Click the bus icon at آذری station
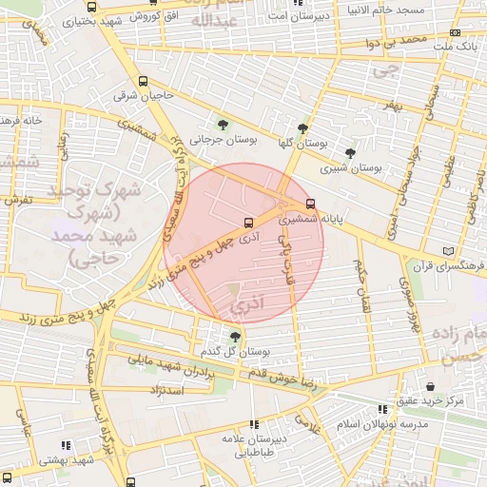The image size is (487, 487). pos(248,224)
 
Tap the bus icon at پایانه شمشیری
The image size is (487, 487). pos(311,205)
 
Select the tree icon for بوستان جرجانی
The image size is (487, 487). pos(224,125)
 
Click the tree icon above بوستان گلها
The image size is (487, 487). pos(303,128)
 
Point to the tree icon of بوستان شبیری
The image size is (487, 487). pos(350,152)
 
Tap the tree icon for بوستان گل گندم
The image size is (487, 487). pos(235,337)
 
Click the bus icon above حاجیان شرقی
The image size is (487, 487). pos(143,82)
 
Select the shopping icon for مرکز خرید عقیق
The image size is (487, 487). pos(434,387)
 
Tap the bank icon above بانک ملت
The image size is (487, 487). pos(455,32)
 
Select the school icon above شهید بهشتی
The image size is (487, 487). pos(66,445)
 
